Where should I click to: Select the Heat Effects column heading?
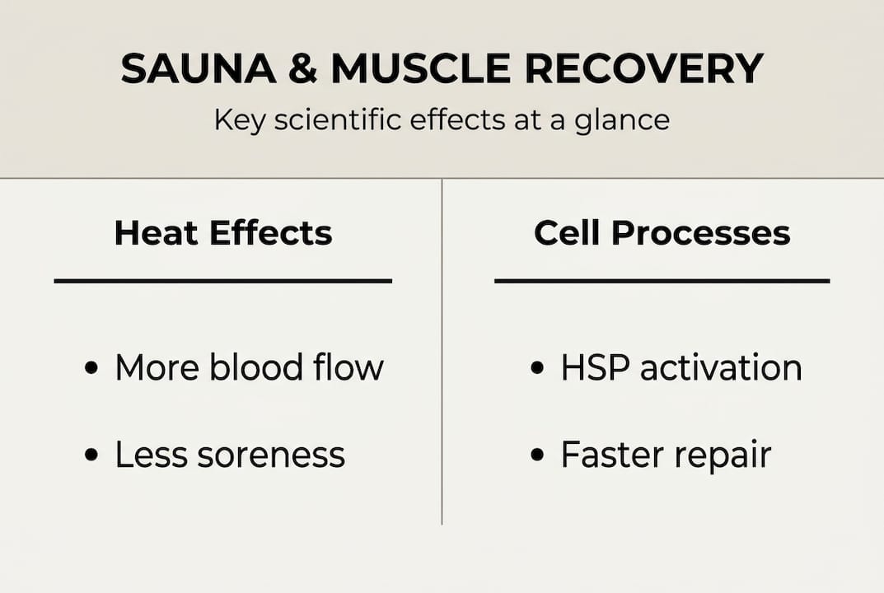click(x=223, y=233)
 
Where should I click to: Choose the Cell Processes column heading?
click(x=662, y=233)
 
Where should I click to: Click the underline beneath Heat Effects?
click(x=222, y=281)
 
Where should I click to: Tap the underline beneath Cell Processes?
click(x=662, y=281)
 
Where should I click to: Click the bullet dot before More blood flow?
click(x=91, y=368)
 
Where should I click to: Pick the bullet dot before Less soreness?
click(x=91, y=455)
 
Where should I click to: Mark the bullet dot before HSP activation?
click(x=537, y=368)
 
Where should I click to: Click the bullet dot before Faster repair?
click(x=537, y=455)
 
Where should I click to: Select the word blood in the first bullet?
click(x=251, y=367)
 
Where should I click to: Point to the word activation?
click(x=720, y=368)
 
